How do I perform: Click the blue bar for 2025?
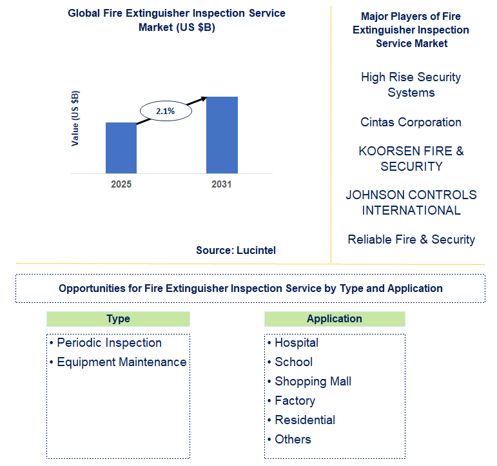pyautogui.click(x=121, y=148)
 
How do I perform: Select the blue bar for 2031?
pyautogui.click(x=222, y=135)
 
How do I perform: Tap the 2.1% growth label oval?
pyautogui.click(x=165, y=111)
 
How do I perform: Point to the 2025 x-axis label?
pyautogui.click(x=121, y=184)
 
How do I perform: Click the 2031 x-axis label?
pyautogui.click(x=222, y=184)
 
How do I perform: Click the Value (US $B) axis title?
pyautogui.click(x=75, y=119)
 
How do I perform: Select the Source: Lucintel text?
pyautogui.click(x=236, y=250)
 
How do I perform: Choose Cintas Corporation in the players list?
pyautogui.click(x=411, y=122)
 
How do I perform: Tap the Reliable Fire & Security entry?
pyautogui.click(x=411, y=239)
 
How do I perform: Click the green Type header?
pyautogui.click(x=118, y=319)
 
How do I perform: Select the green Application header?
pyautogui.click(x=335, y=319)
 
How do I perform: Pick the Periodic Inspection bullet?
pyautogui.click(x=108, y=343)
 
